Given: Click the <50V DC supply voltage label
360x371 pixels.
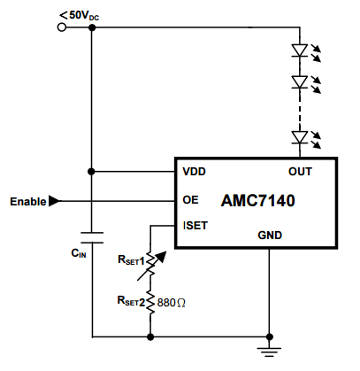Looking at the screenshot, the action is click(80, 16).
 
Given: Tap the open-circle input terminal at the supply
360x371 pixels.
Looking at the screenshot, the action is click(62, 27).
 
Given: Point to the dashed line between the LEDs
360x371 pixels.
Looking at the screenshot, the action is click(300, 110).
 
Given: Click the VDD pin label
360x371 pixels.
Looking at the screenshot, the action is click(194, 172).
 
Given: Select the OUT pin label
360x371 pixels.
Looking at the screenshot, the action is click(300, 172).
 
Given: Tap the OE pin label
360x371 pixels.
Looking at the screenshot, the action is click(190, 200).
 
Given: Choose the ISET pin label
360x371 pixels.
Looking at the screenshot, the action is click(195, 226).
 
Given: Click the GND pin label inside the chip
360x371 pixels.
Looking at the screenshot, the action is click(270, 236).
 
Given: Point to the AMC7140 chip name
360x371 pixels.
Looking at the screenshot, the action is click(257, 201).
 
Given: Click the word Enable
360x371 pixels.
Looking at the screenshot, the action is click(28, 202).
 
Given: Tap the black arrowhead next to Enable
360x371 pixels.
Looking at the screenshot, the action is click(54, 201).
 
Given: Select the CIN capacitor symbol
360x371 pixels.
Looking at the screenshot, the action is click(92, 237).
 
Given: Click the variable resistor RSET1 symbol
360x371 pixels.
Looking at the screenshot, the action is click(150, 265).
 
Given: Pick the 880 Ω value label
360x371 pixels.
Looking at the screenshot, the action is click(172, 303).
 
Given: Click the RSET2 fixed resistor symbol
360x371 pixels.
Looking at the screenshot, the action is click(150, 303).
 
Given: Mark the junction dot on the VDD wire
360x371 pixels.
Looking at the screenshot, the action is click(91, 171).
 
